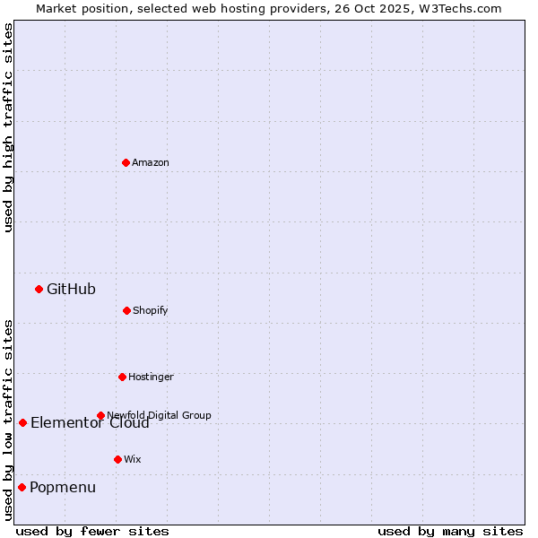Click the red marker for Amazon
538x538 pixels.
pos(126,162)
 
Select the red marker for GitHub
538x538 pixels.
pos(39,289)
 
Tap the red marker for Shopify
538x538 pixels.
pos(126,310)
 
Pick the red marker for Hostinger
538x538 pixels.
pos(122,377)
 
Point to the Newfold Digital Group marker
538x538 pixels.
pos(100,415)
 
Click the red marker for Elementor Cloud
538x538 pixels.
pos(22,422)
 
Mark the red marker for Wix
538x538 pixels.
pos(117,459)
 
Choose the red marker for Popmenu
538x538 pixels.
pos(22,487)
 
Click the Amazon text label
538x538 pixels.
pos(151,162)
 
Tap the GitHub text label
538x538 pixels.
pos(71,289)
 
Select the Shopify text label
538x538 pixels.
pos(151,310)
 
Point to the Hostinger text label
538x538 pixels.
pos(151,377)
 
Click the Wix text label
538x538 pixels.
pos(133,459)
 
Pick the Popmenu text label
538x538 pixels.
pos(63,488)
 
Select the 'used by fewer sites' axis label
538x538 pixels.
pos(92,532)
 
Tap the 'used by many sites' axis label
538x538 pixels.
pos(450,532)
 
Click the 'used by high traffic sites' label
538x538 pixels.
pos(8,127)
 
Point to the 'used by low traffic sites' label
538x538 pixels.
pos(8,419)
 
